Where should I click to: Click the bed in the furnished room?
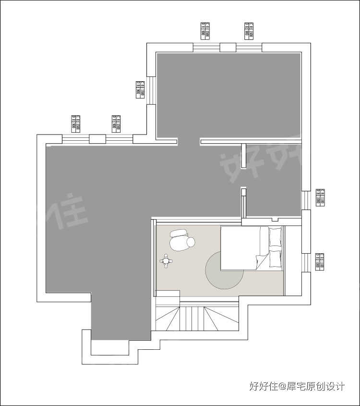pyautogui.click(x=245, y=248)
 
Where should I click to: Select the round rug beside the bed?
pyautogui.click(x=224, y=272)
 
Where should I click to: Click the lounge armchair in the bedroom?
pyautogui.click(x=181, y=240)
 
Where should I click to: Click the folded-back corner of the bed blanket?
pyautogui.click(x=262, y=262)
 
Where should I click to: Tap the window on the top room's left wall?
pyautogui.click(x=151, y=90)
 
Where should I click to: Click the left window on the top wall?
pyautogui.click(x=206, y=47)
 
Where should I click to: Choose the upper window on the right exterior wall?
pyautogui.click(x=306, y=197)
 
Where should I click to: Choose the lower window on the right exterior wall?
pyautogui.click(x=306, y=262)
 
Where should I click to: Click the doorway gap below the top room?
pyautogui.click(x=189, y=141)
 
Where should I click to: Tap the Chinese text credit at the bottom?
pyautogui.click(x=297, y=386)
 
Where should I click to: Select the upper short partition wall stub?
pyautogui.click(x=243, y=156)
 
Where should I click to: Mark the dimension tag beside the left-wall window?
pyautogui.click(x=140, y=90)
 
